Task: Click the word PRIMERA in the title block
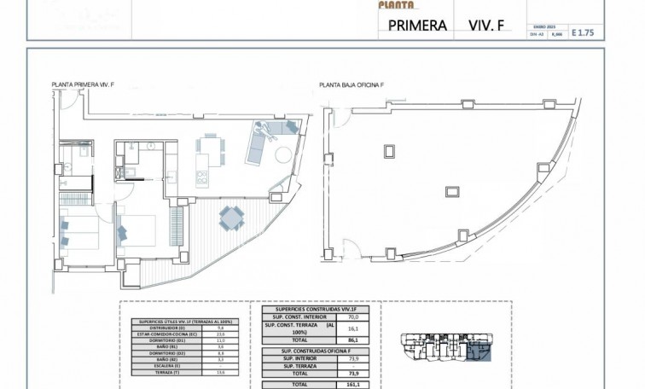coord(418,25)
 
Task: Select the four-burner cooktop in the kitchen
coord(202,178)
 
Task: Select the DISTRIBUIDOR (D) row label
coord(163,327)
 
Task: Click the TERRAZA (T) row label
coord(163,370)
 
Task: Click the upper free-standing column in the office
coord(390,150)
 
